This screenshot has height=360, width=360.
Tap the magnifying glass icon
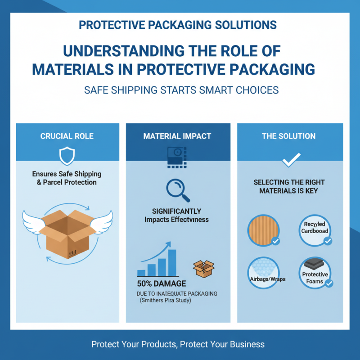point(177,190)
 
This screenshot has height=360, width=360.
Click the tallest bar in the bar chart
point(172,263)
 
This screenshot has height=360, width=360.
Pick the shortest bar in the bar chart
point(141,272)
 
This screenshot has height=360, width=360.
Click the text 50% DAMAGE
point(161,284)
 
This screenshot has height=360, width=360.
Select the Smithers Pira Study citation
point(166,301)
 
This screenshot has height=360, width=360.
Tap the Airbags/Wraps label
point(267,279)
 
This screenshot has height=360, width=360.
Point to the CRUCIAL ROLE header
point(67,136)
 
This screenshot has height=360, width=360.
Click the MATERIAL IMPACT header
point(177,136)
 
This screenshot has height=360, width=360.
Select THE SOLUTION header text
point(288,136)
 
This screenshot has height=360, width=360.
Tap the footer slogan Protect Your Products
point(135,344)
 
